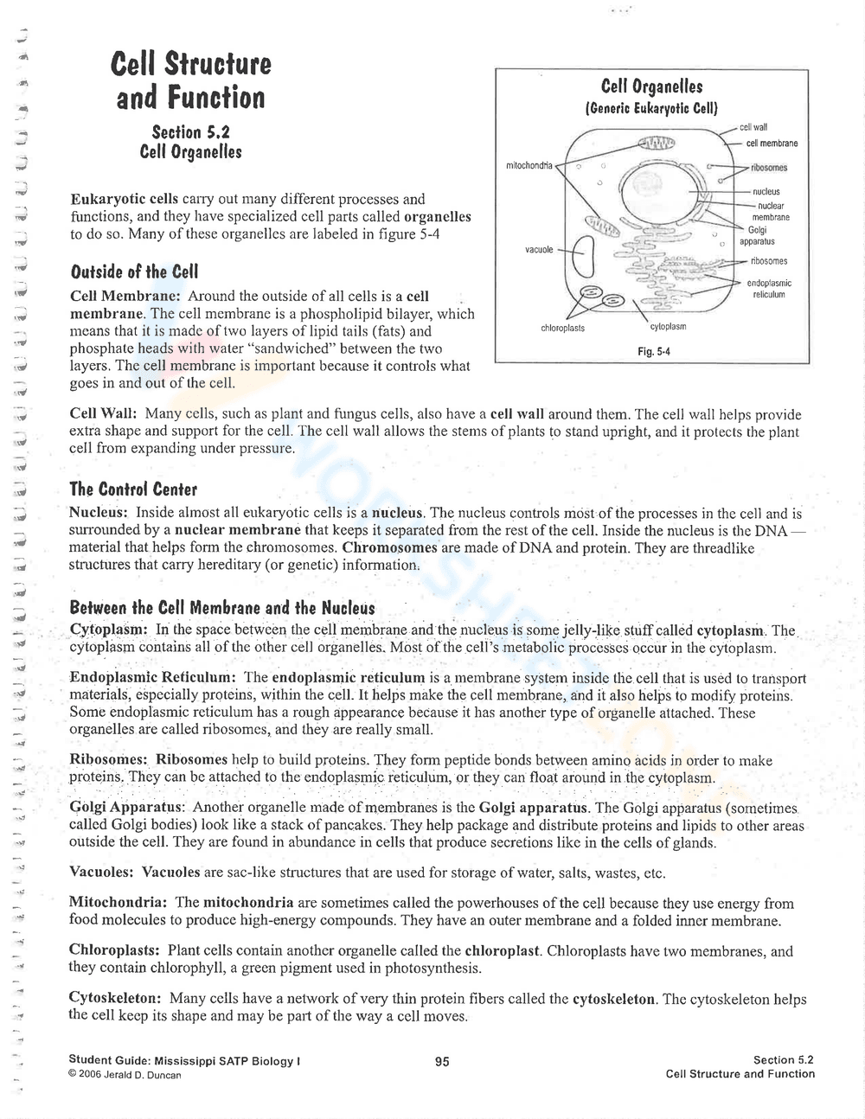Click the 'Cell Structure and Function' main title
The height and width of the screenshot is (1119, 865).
click(x=191, y=80)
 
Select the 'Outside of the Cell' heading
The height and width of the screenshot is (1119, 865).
click(x=134, y=272)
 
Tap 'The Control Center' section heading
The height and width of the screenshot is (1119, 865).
click(x=133, y=489)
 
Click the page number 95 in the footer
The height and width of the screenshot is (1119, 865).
click(x=442, y=1062)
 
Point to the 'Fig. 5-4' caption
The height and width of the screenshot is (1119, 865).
click(x=653, y=351)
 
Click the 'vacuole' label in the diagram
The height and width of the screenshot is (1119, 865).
click(x=539, y=249)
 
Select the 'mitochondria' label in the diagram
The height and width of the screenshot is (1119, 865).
click(x=529, y=164)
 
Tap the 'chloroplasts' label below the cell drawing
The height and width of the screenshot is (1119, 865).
click(x=562, y=328)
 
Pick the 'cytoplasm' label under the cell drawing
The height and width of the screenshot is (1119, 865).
click(x=667, y=327)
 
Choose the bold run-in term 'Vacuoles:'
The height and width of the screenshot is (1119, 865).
click(x=101, y=872)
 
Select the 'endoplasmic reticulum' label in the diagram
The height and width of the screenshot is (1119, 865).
click(x=768, y=289)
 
